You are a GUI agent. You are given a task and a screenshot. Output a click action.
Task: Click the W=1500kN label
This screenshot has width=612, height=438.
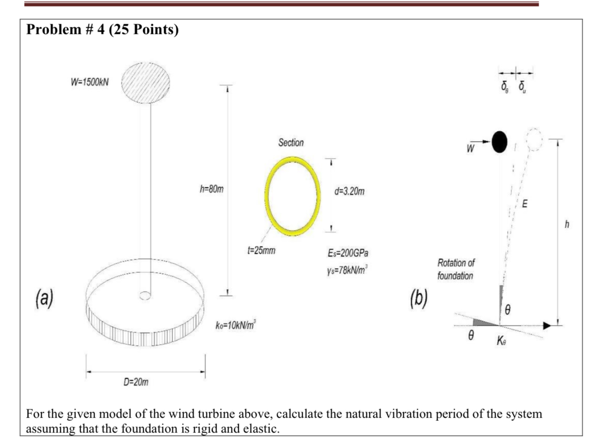click(89, 82)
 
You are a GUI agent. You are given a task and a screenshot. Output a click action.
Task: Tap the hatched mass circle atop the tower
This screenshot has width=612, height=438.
click(146, 83)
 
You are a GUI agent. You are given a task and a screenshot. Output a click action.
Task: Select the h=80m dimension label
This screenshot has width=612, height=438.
click(211, 189)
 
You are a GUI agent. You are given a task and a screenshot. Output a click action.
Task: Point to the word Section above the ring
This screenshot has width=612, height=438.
click(291, 142)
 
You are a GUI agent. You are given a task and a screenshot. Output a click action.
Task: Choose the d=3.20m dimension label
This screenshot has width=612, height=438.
click(349, 191)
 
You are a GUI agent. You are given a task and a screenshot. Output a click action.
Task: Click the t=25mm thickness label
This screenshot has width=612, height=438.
click(261, 251)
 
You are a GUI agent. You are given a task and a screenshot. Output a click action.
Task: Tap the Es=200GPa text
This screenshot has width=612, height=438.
click(348, 253)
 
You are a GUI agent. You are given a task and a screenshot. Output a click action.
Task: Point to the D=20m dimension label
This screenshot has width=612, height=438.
click(136, 382)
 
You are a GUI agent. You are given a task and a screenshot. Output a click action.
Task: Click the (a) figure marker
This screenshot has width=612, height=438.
click(44, 298)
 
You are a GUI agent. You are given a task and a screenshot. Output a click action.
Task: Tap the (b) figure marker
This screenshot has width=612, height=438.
click(418, 299)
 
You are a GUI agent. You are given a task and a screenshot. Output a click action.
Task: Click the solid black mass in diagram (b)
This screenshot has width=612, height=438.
click(499, 142)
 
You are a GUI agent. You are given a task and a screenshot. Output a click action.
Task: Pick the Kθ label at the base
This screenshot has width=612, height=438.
click(501, 341)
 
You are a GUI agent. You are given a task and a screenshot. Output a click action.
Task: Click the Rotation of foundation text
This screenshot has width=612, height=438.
click(456, 269)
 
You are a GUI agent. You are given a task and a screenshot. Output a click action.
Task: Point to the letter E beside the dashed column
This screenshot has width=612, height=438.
click(525, 204)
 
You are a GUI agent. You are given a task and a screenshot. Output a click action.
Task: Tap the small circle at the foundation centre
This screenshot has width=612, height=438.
click(145, 295)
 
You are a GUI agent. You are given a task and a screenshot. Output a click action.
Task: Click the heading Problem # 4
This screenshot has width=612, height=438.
click(102, 30)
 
